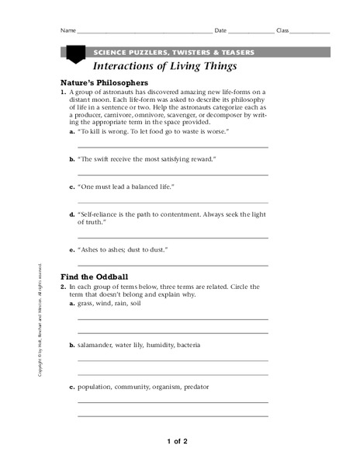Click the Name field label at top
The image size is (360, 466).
point(67,31)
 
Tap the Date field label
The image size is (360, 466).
point(220,31)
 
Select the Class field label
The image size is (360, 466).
point(282,31)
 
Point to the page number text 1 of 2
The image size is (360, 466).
point(177,441)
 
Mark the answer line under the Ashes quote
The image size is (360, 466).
point(173,264)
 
